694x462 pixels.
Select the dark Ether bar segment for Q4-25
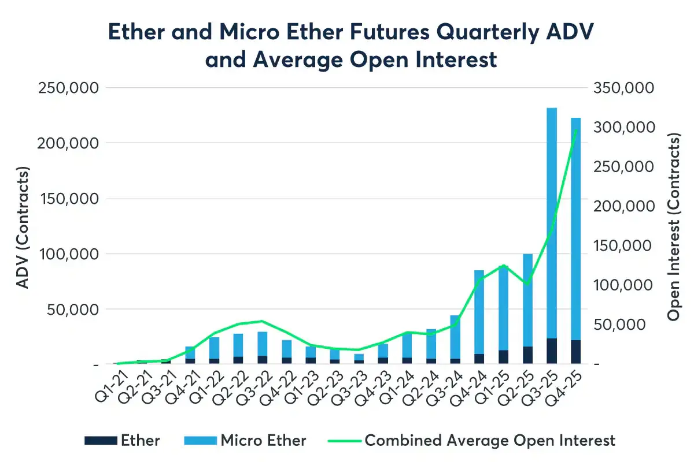coord(575,352)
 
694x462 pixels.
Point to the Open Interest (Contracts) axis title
coord(673,226)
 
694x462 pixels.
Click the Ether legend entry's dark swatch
coord(101,441)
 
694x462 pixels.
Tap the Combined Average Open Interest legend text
coord(490,441)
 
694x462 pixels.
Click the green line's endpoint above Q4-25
coord(576,130)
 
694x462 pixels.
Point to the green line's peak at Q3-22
coord(262,321)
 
